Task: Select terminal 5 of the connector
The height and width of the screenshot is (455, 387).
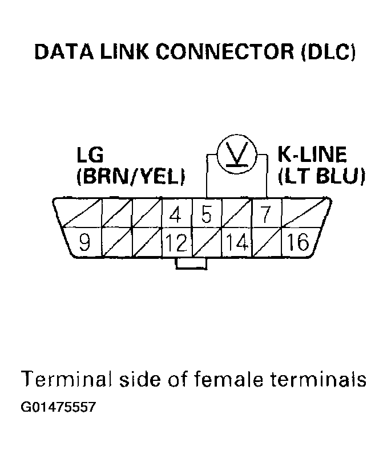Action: [206, 216]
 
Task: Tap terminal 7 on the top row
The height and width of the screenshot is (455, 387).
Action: [265, 216]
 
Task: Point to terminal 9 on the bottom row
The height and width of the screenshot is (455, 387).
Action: [84, 243]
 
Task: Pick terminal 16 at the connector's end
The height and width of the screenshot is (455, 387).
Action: [298, 243]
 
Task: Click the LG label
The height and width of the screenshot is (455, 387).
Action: [90, 155]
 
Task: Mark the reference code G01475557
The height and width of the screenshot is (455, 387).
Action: [58, 408]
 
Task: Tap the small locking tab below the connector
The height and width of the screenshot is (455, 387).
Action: [191, 263]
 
